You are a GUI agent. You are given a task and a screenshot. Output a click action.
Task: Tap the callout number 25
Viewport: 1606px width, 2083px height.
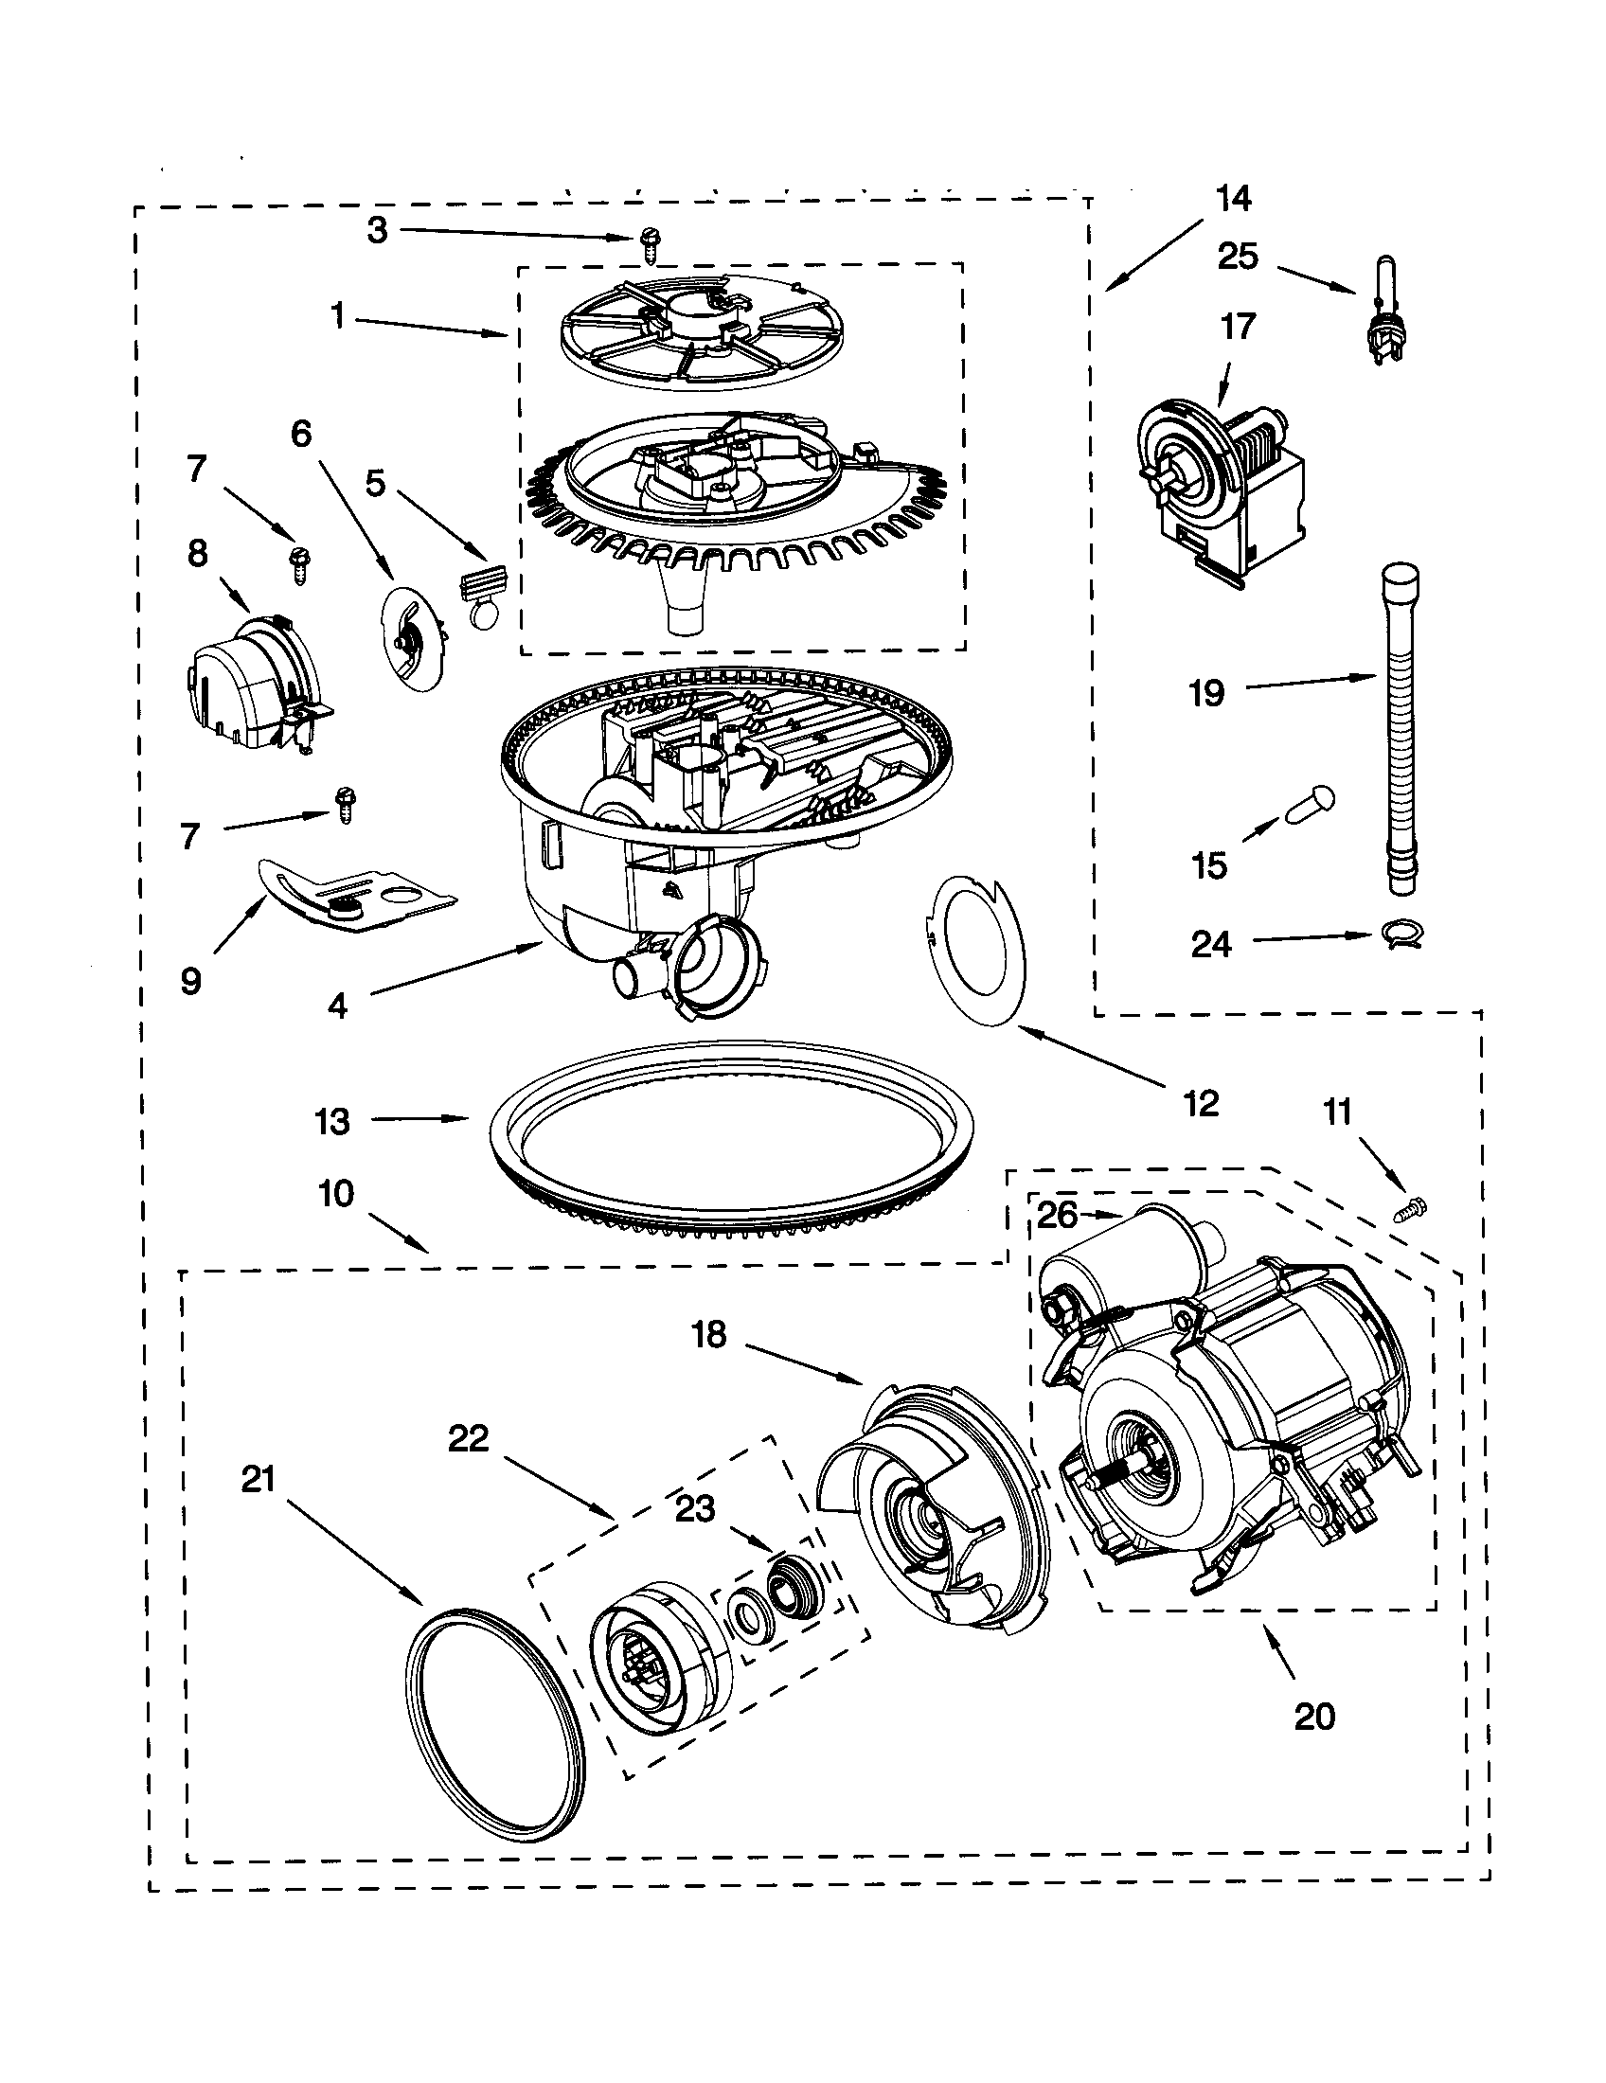click(1238, 257)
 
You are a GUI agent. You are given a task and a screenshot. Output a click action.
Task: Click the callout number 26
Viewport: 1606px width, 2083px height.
click(1056, 1215)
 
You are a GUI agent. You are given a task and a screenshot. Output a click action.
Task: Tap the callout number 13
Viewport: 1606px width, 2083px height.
click(331, 1122)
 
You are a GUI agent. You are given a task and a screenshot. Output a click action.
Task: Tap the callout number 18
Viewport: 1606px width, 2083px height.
click(709, 1335)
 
